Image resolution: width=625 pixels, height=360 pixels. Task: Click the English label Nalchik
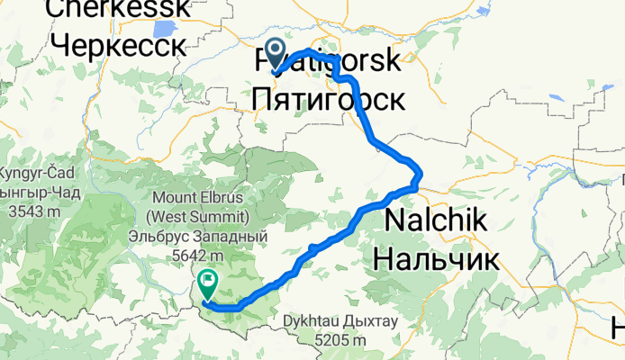point(436,221)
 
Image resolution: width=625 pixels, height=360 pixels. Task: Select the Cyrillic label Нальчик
point(435,258)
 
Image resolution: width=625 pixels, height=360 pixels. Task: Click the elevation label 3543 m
point(29,211)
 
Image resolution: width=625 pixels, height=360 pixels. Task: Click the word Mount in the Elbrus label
point(171,199)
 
